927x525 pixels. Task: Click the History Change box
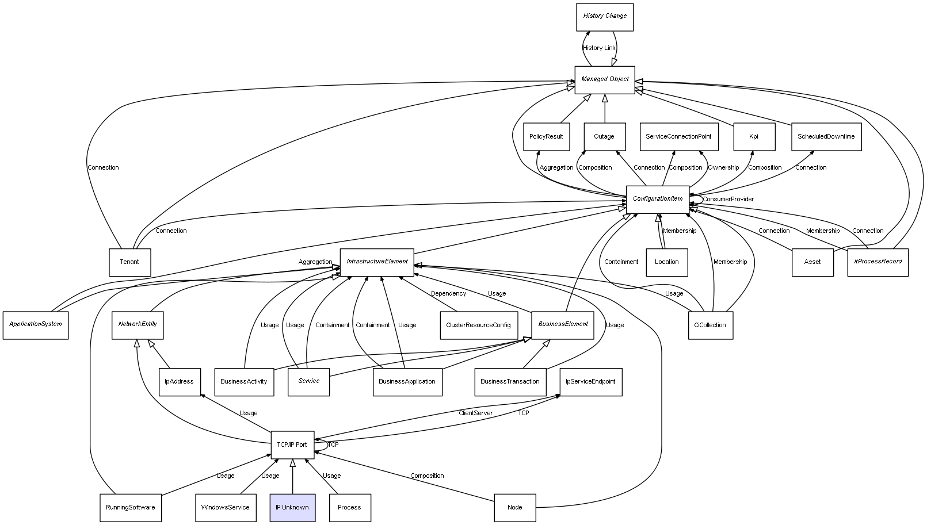coord(605,17)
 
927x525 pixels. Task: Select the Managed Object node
coord(605,80)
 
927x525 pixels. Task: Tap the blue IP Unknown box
coord(292,508)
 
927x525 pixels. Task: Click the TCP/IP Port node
coord(292,444)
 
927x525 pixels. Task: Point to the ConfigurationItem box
coord(658,200)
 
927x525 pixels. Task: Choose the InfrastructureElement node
coord(377,262)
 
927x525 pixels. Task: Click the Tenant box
coord(130,262)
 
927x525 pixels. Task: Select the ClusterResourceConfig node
coord(479,325)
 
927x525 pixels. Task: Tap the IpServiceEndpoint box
coord(591,382)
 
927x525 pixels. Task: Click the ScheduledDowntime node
coord(826,136)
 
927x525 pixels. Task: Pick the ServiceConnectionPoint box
coord(679,136)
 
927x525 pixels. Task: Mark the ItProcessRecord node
coord(878,262)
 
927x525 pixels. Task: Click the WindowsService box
coord(226,508)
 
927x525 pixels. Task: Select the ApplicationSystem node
coord(36,325)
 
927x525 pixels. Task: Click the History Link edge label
coord(599,48)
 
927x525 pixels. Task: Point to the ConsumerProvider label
coord(728,200)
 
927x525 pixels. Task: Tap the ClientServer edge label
coord(475,413)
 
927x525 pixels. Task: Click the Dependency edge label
coord(449,293)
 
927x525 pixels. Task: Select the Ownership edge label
coord(723,167)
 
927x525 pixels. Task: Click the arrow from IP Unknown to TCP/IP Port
coord(292,476)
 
